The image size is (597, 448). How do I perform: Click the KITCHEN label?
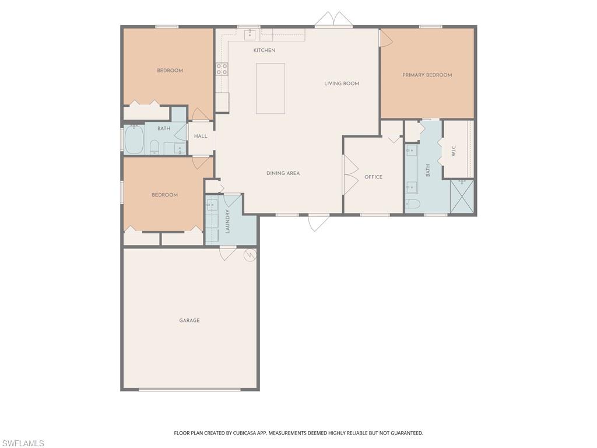pos(264,51)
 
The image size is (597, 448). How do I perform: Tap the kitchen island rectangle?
pos(271,89)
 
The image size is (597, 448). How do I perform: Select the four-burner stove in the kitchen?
pos(222,69)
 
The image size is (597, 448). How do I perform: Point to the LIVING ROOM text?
pos(342,83)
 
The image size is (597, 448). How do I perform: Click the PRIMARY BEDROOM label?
pos(427,75)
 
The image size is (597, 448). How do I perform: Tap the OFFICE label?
pos(373,177)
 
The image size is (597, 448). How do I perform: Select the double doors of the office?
pos(350,174)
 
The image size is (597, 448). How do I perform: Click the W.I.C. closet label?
pos(454,150)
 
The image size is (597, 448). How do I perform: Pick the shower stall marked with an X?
pos(462,196)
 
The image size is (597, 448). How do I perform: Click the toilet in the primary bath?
pos(412,204)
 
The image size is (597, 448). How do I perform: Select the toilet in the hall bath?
pos(154,146)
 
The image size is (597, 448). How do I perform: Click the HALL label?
pos(201,136)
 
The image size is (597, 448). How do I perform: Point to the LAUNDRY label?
pos(228,221)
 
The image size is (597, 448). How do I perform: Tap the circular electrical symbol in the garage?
pos(250,255)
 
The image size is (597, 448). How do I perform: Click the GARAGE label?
pos(189,320)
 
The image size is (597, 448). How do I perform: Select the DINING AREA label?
pos(283,173)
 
